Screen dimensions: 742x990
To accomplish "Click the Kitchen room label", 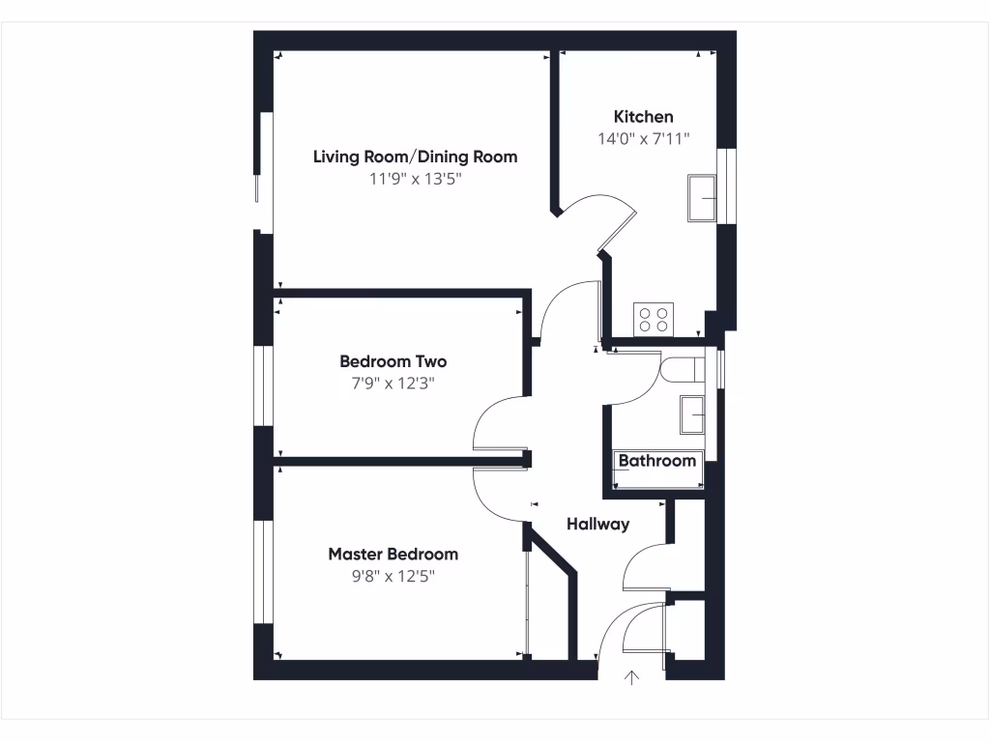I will (x=643, y=117).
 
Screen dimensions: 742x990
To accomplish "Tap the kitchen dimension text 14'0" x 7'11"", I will (x=643, y=139).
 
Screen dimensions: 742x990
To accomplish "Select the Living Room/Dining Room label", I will (x=415, y=157).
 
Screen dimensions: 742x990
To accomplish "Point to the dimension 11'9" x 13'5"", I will (x=415, y=179).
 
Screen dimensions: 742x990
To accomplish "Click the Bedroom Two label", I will (x=393, y=361).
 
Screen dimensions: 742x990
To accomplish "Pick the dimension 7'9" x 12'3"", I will (x=393, y=384).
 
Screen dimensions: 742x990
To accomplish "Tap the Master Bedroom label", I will (x=393, y=555).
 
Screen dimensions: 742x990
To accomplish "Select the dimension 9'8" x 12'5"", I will (x=393, y=577).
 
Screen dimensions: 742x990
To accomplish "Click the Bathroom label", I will (x=657, y=461).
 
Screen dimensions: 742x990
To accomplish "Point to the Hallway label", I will (x=597, y=525).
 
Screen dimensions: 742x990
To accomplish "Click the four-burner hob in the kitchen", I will (x=655, y=318).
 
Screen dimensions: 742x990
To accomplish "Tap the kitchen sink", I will (x=702, y=198).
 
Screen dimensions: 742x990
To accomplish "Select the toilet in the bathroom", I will (x=683, y=370).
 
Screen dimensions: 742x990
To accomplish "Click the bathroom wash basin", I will (x=694, y=414).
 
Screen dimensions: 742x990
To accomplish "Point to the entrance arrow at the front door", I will (x=632, y=677).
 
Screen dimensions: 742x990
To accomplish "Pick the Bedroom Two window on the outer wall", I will (x=262, y=385).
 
